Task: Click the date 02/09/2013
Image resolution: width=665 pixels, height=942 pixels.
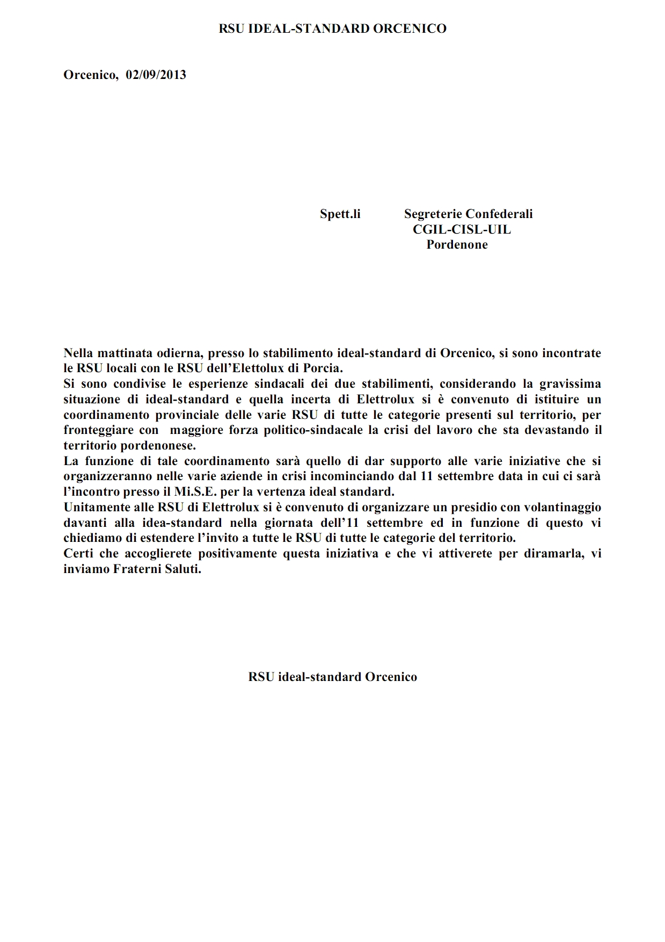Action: click(156, 75)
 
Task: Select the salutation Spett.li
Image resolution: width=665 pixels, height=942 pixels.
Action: click(340, 214)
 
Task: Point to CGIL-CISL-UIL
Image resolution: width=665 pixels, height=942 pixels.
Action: click(462, 229)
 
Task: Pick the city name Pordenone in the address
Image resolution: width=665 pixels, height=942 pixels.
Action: click(457, 244)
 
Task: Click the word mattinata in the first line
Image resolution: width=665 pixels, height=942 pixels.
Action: click(120, 353)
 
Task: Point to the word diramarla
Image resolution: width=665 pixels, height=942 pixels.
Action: click(551, 553)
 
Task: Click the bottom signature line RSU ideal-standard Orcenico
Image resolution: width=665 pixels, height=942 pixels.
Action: click(332, 677)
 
